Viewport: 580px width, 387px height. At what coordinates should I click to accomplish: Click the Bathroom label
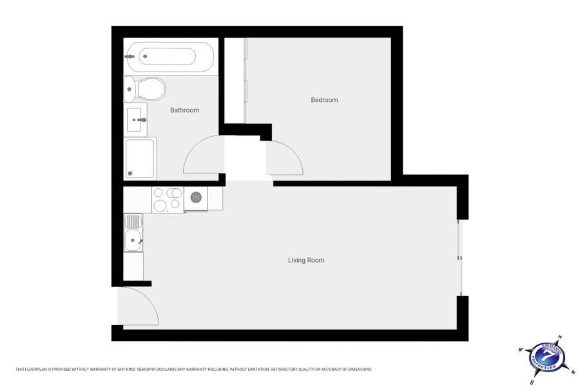pyautogui.click(x=184, y=110)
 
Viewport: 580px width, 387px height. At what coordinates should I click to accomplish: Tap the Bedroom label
pyautogui.click(x=324, y=100)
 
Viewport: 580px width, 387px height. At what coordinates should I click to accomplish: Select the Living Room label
pyautogui.click(x=306, y=261)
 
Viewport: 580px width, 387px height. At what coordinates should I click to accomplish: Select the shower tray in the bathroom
pyautogui.click(x=140, y=158)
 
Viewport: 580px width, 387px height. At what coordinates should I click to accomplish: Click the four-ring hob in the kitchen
pyautogui.click(x=167, y=199)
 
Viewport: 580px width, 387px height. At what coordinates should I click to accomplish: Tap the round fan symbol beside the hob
pyautogui.click(x=197, y=198)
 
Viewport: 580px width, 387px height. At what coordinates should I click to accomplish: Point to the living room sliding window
pyautogui.click(x=459, y=257)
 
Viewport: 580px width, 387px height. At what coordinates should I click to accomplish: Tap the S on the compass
pyautogui.click(x=532, y=381)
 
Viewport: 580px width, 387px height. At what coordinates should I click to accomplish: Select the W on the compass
pyautogui.click(x=519, y=350)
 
